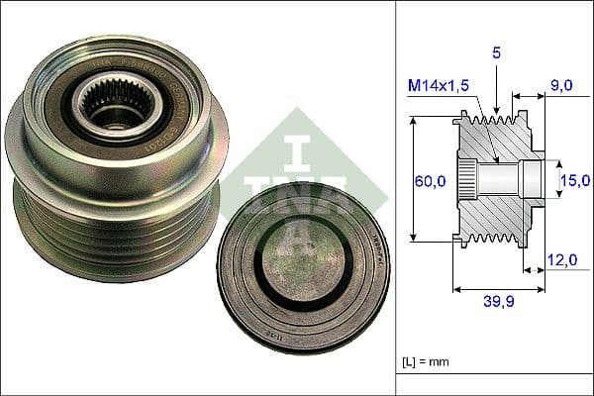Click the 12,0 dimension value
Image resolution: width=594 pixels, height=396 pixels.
tap(561, 259)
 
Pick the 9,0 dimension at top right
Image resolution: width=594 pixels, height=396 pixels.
tap(561, 86)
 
